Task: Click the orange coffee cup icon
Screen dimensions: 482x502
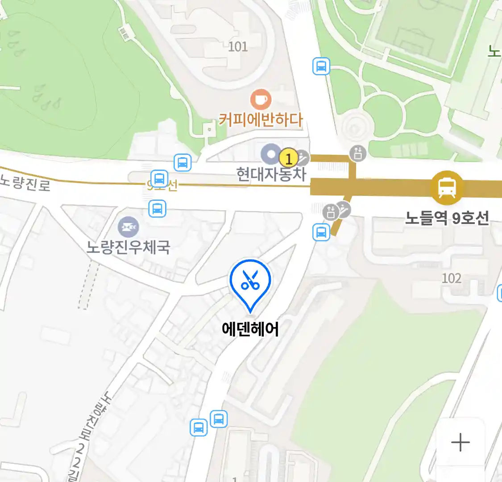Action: pos(261,99)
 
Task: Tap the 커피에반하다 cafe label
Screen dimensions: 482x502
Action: pos(261,120)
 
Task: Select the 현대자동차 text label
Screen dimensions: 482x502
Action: pos(271,174)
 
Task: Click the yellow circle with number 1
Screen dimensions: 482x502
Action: pos(288,158)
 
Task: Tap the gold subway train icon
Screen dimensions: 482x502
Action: pos(447,187)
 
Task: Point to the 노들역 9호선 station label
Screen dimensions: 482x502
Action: pos(447,218)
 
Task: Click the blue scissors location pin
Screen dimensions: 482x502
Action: pos(250,281)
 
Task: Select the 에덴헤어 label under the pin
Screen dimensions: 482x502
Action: pos(250,329)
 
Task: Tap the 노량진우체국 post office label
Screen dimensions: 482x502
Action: pos(129,246)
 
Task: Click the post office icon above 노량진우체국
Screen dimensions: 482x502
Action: pos(129,228)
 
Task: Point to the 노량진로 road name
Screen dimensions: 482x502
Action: pos(25,183)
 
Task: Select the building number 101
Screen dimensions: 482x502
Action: pos(237,46)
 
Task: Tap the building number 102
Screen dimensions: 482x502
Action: pos(451,278)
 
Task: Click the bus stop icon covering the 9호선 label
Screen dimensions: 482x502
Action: pos(159,179)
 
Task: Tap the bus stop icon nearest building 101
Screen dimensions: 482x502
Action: pos(321,66)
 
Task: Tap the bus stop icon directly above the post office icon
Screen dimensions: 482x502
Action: pos(157,208)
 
